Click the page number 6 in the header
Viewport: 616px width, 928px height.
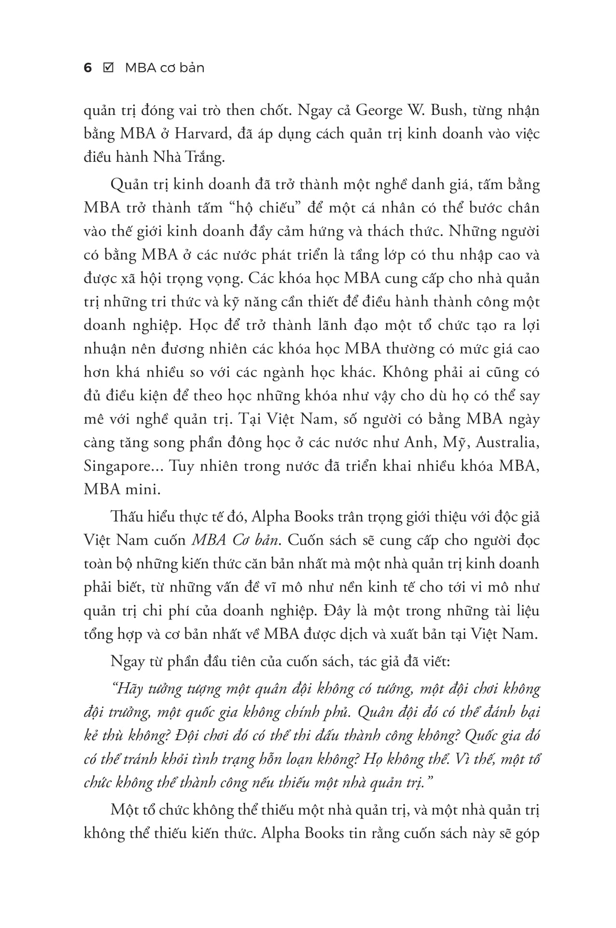pyautogui.click(x=87, y=68)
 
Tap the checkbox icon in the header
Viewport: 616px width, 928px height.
pyautogui.click(x=109, y=68)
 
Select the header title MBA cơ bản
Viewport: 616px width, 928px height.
pyautogui.click(x=165, y=68)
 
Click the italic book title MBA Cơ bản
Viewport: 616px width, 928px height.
pyautogui.click(x=236, y=540)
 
